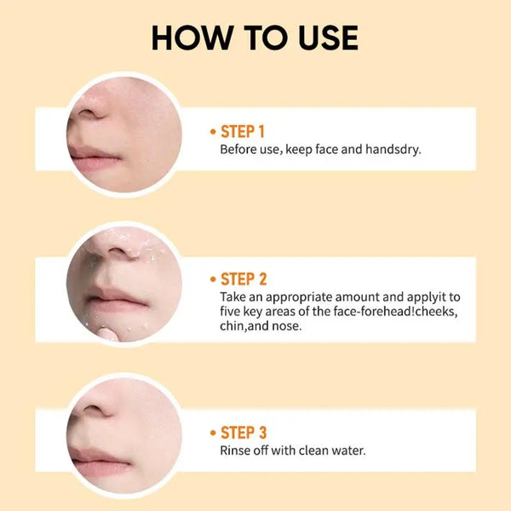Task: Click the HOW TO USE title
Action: pyautogui.click(x=255, y=38)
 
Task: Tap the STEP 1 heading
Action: pyautogui.click(x=243, y=131)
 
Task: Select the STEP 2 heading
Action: pyautogui.click(x=244, y=278)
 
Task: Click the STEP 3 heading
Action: pyautogui.click(x=244, y=432)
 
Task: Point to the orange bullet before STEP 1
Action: pyautogui.click(x=213, y=132)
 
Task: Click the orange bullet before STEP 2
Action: pyautogui.click(x=213, y=279)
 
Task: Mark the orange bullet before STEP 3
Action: pyautogui.click(x=213, y=433)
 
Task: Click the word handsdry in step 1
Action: pyautogui.click(x=393, y=150)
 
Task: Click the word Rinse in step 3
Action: pyautogui.click(x=236, y=450)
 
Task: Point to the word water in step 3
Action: pyautogui.click(x=348, y=450)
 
